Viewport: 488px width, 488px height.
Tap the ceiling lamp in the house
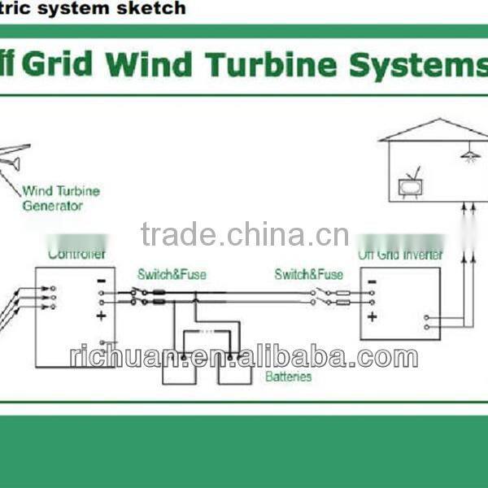[469, 154]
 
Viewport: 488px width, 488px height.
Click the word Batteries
[288, 377]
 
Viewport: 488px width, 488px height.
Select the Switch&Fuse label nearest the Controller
[172, 275]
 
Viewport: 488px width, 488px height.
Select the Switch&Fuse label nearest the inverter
[308, 275]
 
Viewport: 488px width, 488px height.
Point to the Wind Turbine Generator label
[60, 198]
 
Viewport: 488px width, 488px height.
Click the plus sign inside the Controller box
[101, 316]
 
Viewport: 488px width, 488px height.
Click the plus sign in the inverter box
[372, 316]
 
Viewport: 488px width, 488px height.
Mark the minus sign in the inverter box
[372, 283]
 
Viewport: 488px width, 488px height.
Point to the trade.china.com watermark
[244, 235]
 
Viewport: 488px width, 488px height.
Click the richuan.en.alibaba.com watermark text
[244, 356]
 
